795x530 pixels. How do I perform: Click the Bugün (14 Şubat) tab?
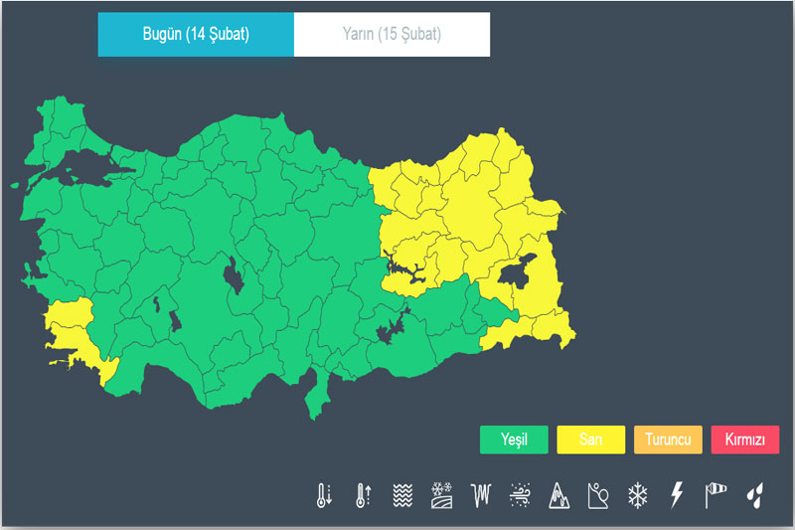coord(196,35)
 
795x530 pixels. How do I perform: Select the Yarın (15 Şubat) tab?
coord(393,35)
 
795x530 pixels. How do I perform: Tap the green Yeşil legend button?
coord(514,440)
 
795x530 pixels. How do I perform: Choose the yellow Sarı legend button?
coord(591,440)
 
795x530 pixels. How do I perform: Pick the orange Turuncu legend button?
coord(668,440)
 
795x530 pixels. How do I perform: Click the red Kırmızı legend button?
coord(745,440)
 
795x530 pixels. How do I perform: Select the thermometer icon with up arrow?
coord(363,495)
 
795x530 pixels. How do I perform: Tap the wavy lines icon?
coord(401,495)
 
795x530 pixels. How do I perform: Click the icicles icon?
coord(481,495)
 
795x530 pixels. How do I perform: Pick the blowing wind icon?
coord(520,495)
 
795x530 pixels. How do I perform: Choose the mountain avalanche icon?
coord(558,495)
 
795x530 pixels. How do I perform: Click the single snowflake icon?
coord(637,495)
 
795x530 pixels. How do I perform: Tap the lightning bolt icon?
coord(677,495)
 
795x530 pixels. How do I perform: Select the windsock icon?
coord(715,495)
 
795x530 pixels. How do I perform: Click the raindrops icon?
coord(755,495)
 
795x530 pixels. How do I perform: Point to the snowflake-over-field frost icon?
coord(441,495)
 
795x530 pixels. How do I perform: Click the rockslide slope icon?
coord(598,495)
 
